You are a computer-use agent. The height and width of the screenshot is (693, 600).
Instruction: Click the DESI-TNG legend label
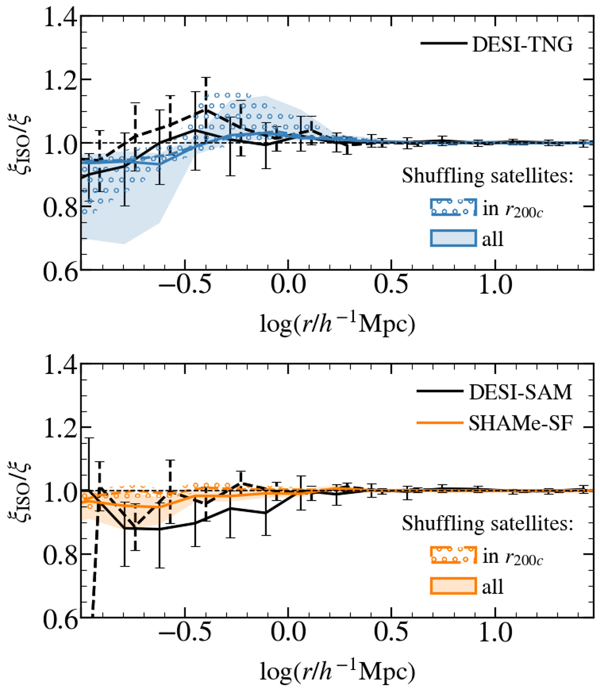(522, 44)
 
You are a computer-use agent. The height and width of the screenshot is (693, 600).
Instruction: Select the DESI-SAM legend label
(520, 392)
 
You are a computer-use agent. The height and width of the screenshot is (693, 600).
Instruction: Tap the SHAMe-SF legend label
(520, 423)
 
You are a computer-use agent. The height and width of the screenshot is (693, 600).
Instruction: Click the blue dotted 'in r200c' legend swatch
(453, 207)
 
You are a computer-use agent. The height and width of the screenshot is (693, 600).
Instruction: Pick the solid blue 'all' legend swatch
(453, 238)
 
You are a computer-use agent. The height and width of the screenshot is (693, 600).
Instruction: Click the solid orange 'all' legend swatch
(453, 586)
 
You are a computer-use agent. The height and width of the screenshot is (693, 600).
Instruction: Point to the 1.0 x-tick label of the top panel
(495, 285)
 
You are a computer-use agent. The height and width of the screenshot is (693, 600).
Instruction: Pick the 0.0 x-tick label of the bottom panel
(288, 633)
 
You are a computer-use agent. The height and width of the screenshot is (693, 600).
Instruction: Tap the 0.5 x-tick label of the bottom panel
(392, 633)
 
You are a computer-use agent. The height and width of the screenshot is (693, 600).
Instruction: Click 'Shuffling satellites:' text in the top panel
(487, 175)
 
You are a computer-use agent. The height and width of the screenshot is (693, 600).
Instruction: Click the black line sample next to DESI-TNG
(443, 44)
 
